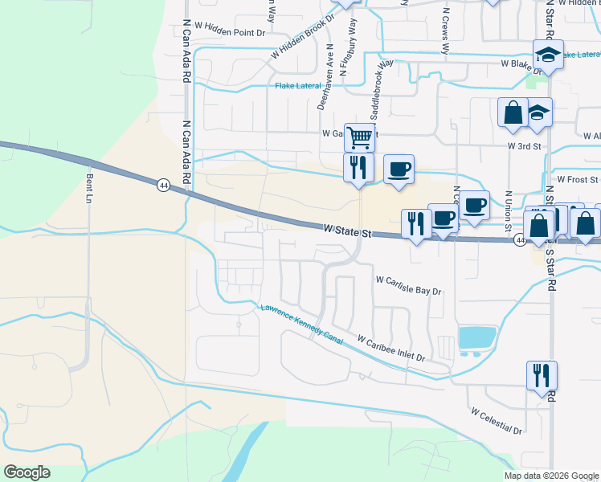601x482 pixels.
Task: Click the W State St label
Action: (x=350, y=231)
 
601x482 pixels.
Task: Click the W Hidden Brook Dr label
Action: (x=303, y=37)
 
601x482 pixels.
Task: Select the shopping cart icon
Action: (x=360, y=137)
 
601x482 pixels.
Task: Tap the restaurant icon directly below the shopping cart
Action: (x=358, y=166)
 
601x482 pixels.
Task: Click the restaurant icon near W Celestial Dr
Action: (x=542, y=374)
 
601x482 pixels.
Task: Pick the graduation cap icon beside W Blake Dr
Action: (x=548, y=55)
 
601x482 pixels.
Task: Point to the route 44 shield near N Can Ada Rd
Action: (x=163, y=185)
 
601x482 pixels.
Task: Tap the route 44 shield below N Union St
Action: (x=520, y=240)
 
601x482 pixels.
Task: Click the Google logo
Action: (x=27, y=472)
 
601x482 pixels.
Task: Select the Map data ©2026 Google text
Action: (x=550, y=476)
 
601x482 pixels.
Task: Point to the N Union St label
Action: (x=508, y=212)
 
